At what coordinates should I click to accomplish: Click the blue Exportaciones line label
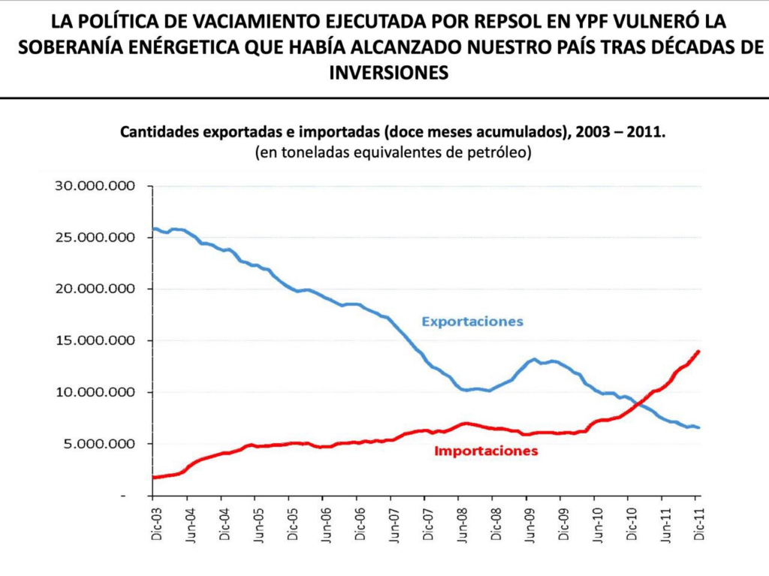472,321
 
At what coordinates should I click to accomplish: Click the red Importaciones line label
486,451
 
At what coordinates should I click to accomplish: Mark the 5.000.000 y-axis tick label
101,444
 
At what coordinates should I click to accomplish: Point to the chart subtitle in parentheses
393,152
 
